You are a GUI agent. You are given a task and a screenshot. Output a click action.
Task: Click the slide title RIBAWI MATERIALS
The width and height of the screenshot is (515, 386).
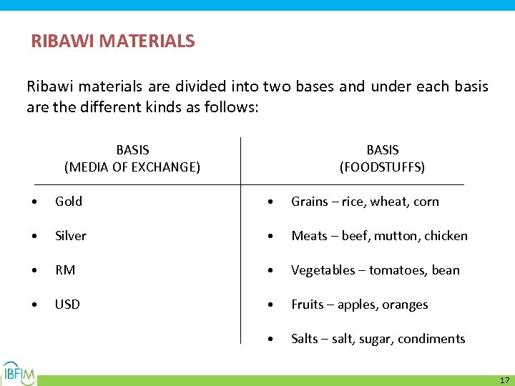coord(112,41)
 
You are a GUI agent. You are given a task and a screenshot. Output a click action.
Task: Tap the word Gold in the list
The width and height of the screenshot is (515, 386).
coord(69,202)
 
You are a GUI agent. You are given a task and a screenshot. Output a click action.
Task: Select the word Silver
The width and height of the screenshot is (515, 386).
coord(71,236)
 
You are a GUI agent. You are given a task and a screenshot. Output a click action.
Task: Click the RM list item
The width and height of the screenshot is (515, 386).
coord(65,270)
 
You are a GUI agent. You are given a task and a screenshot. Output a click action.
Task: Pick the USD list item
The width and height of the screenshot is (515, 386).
coord(67,305)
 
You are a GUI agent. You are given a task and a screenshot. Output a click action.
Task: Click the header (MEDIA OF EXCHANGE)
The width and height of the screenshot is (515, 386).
coord(132,167)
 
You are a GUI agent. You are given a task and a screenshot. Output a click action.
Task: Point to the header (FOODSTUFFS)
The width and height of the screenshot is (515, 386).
coord(382,167)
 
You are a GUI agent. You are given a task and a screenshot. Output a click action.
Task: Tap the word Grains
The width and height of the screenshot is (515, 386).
coord(310,202)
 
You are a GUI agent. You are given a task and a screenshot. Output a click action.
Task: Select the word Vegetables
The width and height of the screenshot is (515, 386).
coord(323,270)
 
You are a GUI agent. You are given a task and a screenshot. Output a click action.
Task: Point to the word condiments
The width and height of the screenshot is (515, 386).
coord(431,339)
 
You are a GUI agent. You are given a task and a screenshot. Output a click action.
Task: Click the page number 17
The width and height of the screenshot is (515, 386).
coord(504,380)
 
